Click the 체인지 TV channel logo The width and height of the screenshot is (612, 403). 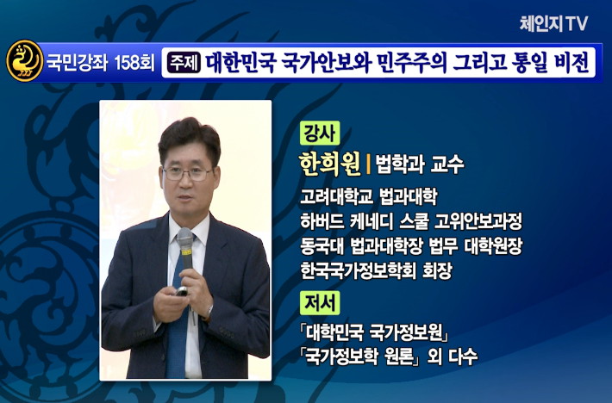point(553,24)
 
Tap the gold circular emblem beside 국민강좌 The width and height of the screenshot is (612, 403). point(25,61)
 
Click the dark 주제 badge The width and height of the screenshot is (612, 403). point(184,62)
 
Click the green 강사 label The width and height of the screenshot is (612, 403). point(320,133)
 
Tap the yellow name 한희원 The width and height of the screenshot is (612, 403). point(330,164)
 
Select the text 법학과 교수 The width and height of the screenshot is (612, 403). point(419,164)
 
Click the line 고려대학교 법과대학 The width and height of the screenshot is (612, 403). point(368,197)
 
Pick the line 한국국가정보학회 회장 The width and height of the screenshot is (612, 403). point(376,270)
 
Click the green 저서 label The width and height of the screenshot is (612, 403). point(320,303)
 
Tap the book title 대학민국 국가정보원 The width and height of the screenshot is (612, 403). point(373,332)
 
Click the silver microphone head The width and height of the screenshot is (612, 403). point(185,239)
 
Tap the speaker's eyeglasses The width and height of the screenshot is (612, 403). point(188,173)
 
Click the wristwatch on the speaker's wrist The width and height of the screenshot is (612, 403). point(209,313)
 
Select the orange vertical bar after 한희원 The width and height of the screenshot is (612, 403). point(368,164)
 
